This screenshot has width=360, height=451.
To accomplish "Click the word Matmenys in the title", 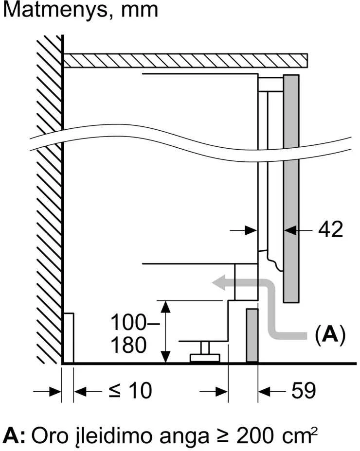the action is (56, 10).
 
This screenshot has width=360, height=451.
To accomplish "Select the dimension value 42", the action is (331, 229).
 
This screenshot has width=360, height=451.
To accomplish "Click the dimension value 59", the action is (304, 390).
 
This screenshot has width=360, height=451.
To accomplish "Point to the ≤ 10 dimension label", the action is (130, 391).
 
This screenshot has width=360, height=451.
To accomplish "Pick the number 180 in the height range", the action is (128, 345).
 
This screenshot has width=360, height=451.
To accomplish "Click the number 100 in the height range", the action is (128, 322).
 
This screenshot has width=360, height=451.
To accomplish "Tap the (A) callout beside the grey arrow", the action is (330, 334).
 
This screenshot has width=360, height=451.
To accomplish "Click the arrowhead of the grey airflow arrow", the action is (218, 282).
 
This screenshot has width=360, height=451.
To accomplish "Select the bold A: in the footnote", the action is (13, 436).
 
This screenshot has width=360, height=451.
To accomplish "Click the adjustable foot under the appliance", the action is (205, 353).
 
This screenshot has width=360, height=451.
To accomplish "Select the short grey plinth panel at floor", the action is (252, 335).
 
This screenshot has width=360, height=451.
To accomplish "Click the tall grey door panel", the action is (291, 189).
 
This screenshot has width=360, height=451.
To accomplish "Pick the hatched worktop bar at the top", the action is (185, 60).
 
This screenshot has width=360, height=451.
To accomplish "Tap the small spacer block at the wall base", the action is (68, 338).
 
